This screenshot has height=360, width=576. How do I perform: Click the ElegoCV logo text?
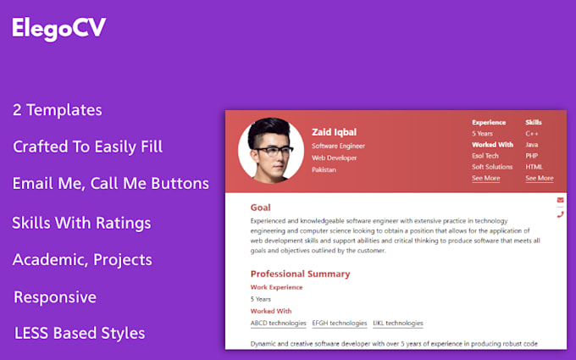coord(58,28)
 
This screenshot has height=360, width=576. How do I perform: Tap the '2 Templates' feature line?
coord(58,110)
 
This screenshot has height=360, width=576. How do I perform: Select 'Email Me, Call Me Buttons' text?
coord(110,183)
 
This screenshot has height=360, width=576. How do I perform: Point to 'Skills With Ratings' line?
coord(81,223)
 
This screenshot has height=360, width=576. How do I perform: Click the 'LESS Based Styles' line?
coord(80,333)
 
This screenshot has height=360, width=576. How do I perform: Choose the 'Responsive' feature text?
coord(55,297)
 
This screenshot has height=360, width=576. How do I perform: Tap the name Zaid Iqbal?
coord(334,132)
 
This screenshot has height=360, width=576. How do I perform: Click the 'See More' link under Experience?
coord(485,179)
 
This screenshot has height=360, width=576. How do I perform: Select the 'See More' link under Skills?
coord(539,179)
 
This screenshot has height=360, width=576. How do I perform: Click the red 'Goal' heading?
coord(261,208)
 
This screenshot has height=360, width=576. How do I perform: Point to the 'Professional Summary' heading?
coord(300,274)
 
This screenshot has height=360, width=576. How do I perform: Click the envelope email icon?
coord(560,200)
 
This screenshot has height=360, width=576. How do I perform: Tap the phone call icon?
coord(560,214)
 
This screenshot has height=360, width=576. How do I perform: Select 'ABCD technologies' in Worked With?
coord(278,323)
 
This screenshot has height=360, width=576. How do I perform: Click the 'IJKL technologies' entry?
coord(397,323)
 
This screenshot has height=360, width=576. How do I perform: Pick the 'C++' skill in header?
coord(532,134)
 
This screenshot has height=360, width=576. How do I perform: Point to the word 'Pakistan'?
coord(324,169)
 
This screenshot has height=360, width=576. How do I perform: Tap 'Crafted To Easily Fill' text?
coord(87,147)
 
